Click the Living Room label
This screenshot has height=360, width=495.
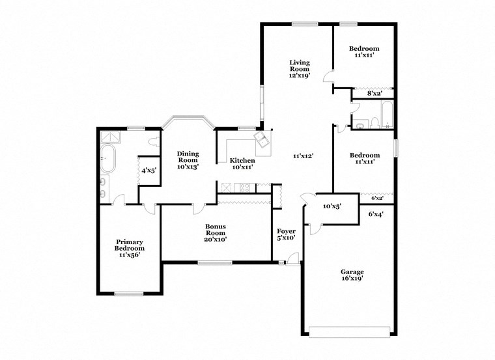[x=300, y=68]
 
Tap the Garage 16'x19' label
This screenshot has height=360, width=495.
[x=352, y=275]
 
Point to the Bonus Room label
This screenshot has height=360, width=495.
[x=216, y=232]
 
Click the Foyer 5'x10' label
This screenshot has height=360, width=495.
[x=287, y=234]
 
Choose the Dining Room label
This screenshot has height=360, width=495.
[x=188, y=159]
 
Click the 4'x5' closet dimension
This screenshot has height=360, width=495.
[x=148, y=171]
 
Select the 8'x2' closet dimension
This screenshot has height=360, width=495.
[x=374, y=94]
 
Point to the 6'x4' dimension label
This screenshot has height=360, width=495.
[x=375, y=214]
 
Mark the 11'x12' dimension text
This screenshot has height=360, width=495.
[x=304, y=156]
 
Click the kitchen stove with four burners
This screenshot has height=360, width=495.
[x=246, y=188]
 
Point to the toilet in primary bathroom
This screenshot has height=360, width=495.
[x=154, y=140]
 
